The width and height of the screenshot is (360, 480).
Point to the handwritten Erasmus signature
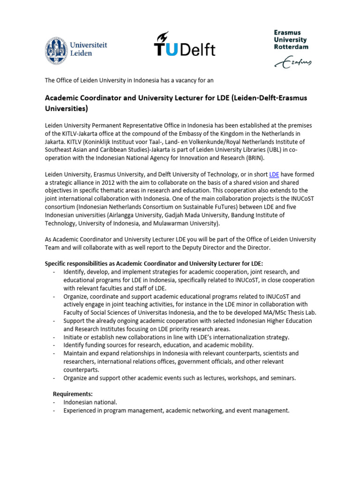pos(292,62)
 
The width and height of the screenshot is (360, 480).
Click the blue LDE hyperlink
pos(274,174)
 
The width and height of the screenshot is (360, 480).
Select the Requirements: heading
pos(73,394)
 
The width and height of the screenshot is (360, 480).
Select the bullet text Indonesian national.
pos(90,402)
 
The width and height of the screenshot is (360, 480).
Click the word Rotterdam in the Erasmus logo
pos(291,47)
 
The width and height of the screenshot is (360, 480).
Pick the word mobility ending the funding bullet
pos(239,345)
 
